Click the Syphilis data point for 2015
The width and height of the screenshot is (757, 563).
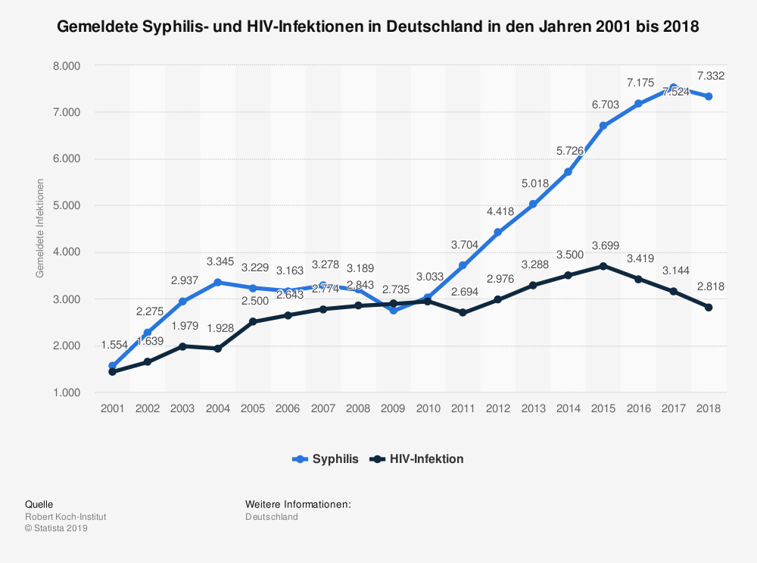click(603, 126)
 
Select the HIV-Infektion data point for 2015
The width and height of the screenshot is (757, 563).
click(603, 266)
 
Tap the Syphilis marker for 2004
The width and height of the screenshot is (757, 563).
click(217, 283)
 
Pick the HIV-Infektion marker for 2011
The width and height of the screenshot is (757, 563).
click(463, 312)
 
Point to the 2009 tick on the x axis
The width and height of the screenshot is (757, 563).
click(393, 408)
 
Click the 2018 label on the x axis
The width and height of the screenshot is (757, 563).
click(708, 408)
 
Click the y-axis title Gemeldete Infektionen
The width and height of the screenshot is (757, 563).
click(40, 228)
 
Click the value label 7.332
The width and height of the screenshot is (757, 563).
click(710, 75)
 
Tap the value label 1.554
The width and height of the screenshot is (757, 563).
click(114, 345)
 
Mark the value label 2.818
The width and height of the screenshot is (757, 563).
click(710, 286)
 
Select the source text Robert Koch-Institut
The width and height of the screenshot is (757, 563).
click(66, 517)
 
